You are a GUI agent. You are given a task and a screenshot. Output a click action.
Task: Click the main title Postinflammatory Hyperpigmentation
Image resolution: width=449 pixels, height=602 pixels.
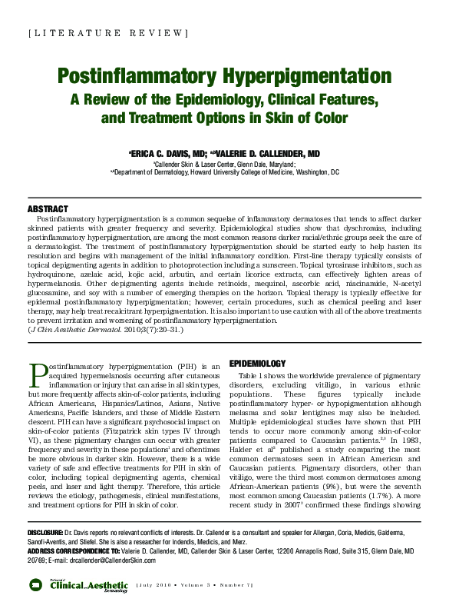pyautogui.click(x=224, y=77)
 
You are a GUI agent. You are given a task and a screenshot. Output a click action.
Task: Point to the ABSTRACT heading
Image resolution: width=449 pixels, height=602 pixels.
pyautogui.click(x=48, y=209)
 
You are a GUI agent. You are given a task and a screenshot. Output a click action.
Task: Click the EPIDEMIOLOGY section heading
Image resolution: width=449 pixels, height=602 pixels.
pyautogui.click(x=257, y=363)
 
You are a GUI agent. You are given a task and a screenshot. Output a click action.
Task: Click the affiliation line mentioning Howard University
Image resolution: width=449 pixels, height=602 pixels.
pyautogui.click(x=224, y=173)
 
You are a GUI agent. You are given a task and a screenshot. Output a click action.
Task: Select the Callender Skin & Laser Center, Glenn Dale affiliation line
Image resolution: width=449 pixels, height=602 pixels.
pyautogui.click(x=224, y=164)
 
